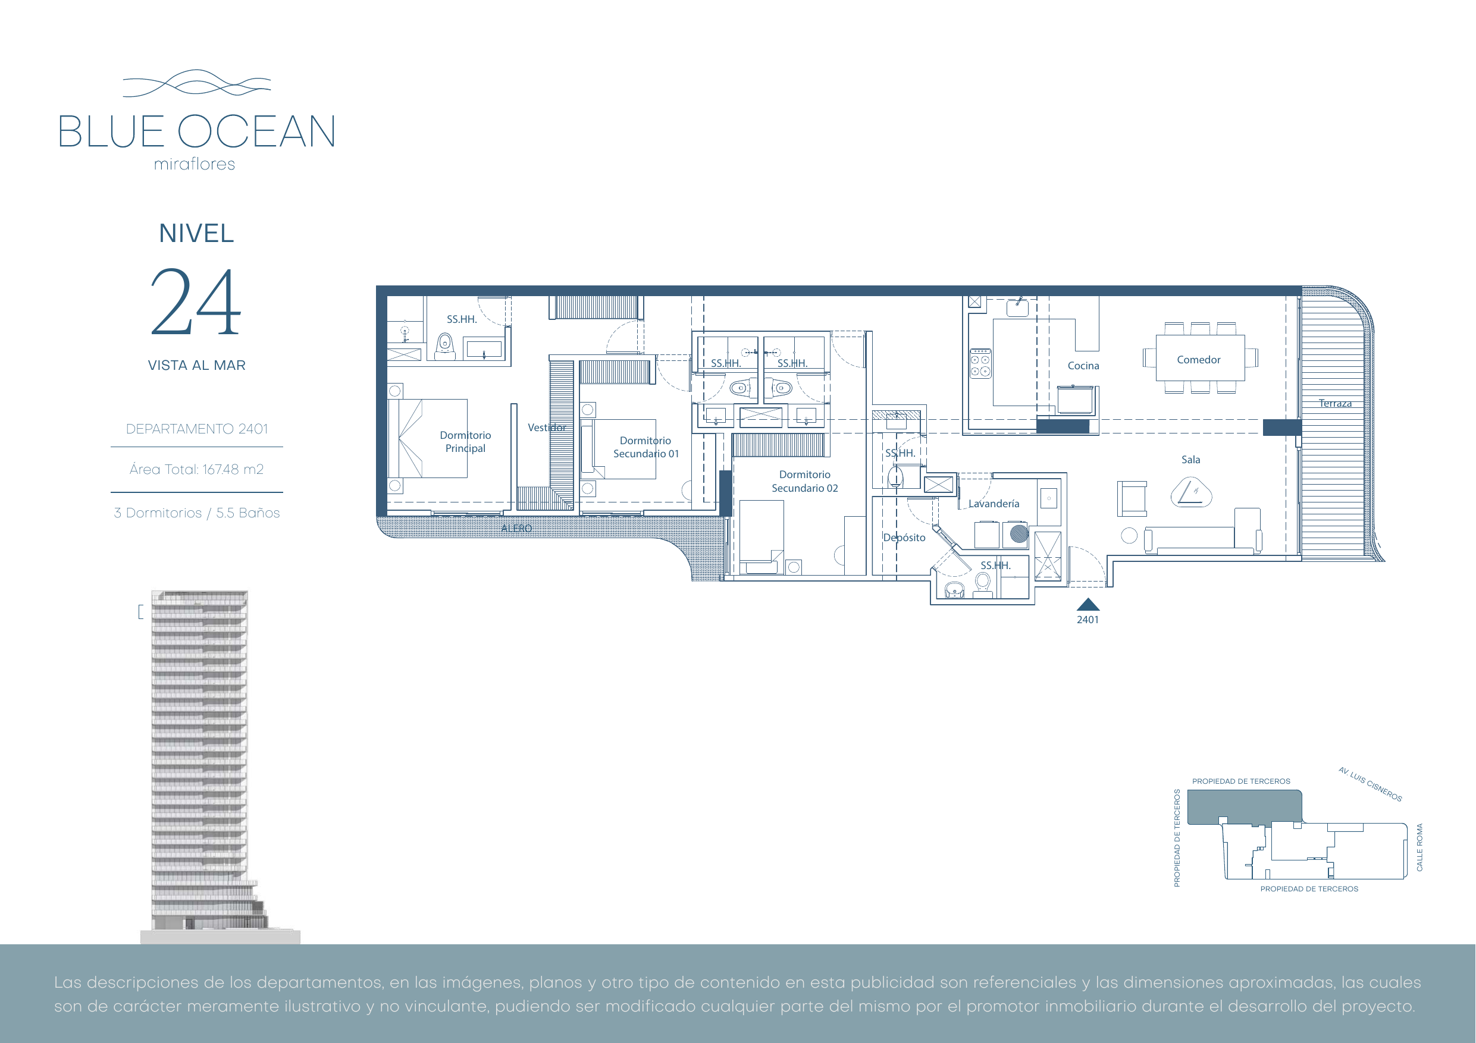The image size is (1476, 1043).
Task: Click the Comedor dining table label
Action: click(x=1198, y=360)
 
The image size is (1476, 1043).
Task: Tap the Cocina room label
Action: click(x=1083, y=366)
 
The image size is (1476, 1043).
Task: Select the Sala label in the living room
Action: click(x=1190, y=460)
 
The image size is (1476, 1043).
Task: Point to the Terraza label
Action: click(x=1335, y=404)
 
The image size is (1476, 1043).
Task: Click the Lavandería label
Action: click(x=994, y=504)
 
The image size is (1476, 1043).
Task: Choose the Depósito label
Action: click(x=904, y=538)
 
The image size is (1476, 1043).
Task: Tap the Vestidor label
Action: click(x=547, y=428)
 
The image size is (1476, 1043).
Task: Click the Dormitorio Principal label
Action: click(x=465, y=441)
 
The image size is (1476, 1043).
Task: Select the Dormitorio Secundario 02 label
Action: click(x=805, y=481)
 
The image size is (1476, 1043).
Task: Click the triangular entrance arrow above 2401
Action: click(x=1088, y=605)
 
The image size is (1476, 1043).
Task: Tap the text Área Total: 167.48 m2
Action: click(x=197, y=469)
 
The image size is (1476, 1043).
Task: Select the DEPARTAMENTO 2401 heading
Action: click(x=197, y=429)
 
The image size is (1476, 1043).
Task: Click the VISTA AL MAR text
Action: click(x=197, y=366)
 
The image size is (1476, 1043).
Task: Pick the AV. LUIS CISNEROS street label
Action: click(x=1370, y=784)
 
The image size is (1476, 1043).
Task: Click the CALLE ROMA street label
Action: click(x=1419, y=847)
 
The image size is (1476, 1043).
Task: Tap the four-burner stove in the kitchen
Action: click(x=980, y=364)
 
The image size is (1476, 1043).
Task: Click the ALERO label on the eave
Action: click(x=517, y=528)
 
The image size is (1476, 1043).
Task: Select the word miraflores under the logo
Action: click(x=195, y=165)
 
